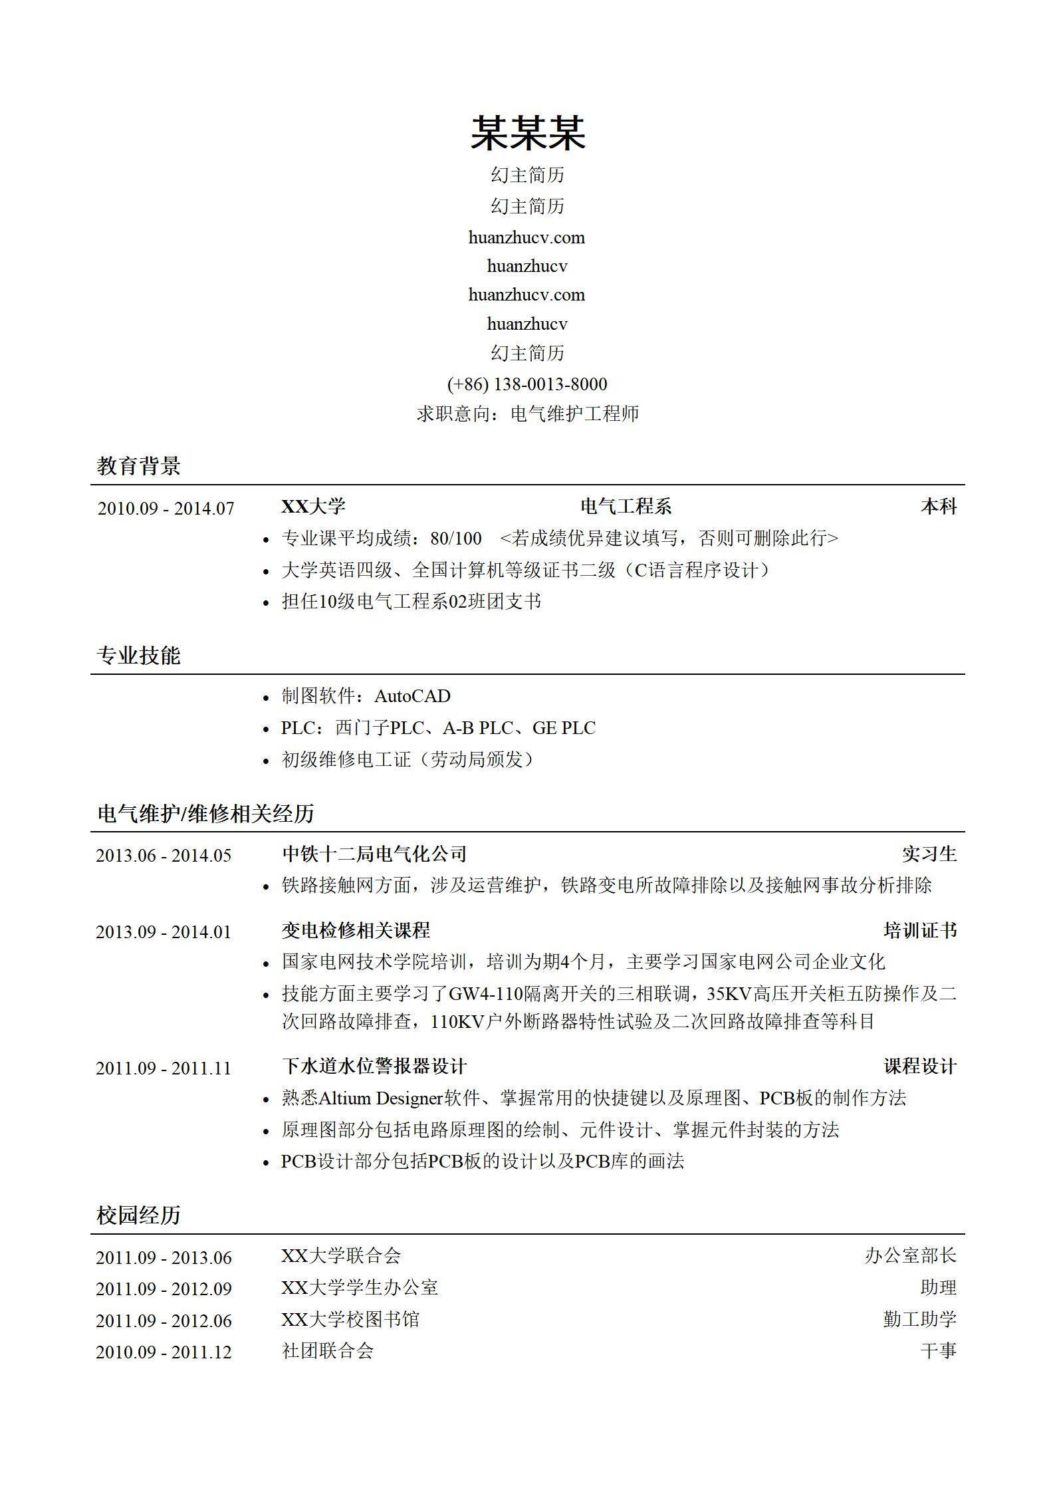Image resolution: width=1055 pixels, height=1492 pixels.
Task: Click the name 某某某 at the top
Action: (527, 132)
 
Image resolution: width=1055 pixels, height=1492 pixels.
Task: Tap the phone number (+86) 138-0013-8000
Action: (527, 384)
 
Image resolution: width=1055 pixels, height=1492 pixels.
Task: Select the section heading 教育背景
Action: (138, 465)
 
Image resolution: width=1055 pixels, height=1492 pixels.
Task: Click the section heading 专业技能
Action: (138, 656)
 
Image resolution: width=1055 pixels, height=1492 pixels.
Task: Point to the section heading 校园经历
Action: (138, 1215)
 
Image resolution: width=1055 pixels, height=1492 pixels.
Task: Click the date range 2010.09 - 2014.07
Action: (166, 509)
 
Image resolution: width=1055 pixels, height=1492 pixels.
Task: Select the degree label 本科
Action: (938, 507)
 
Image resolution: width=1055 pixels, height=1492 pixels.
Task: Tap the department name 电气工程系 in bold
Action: (626, 507)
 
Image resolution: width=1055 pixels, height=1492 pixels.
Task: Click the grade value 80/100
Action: (455, 538)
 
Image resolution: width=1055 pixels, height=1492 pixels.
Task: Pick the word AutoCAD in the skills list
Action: (412, 696)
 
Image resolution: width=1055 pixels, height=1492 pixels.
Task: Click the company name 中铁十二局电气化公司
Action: (374, 854)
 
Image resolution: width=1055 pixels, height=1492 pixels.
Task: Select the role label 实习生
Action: (929, 854)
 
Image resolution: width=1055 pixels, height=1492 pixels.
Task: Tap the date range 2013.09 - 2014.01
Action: (164, 932)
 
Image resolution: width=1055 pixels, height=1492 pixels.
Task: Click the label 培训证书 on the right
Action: (919, 930)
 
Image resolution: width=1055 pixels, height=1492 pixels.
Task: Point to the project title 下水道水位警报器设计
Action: (374, 1066)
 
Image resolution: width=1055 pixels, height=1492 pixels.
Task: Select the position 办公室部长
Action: (910, 1255)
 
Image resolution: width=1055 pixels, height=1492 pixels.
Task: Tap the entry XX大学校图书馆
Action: (350, 1319)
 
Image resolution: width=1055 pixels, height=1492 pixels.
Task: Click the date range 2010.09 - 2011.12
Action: (164, 1352)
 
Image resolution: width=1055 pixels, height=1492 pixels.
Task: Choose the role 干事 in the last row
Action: (938, 1350)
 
